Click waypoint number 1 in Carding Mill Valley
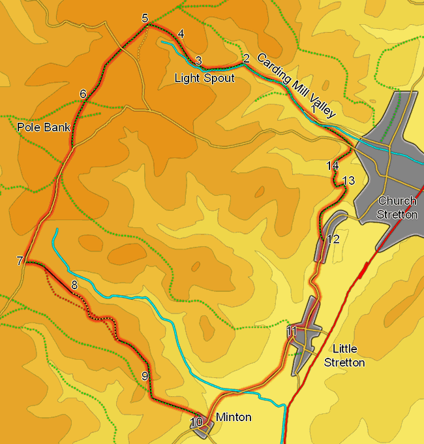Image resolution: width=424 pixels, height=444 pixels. [314, 110]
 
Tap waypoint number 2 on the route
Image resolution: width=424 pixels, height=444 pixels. [246, 59]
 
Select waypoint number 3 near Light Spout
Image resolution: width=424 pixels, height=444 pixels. [198, 61]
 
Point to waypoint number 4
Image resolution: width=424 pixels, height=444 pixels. [181, 34]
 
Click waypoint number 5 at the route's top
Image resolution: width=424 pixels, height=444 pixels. [145, 18]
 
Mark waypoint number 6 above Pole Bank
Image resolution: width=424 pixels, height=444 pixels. [83, 94]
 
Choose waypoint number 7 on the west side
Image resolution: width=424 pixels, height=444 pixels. [20, 261]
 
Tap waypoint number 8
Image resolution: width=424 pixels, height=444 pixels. [74, 285]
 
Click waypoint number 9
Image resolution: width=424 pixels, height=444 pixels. [145, 376]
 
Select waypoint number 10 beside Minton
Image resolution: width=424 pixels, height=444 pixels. [196, 422]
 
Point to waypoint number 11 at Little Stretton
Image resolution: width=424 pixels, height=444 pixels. [292, 331]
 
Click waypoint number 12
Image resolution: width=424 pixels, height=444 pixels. [333, 239]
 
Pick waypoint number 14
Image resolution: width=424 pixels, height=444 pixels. [333, 166]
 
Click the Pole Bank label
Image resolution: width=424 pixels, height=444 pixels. [43, 127]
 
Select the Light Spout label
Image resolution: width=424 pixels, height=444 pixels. [204, 78]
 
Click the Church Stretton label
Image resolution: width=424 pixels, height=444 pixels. [397, 208]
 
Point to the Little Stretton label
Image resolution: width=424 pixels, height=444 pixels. [344, 355]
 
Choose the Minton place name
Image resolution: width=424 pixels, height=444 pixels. [233, 417]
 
